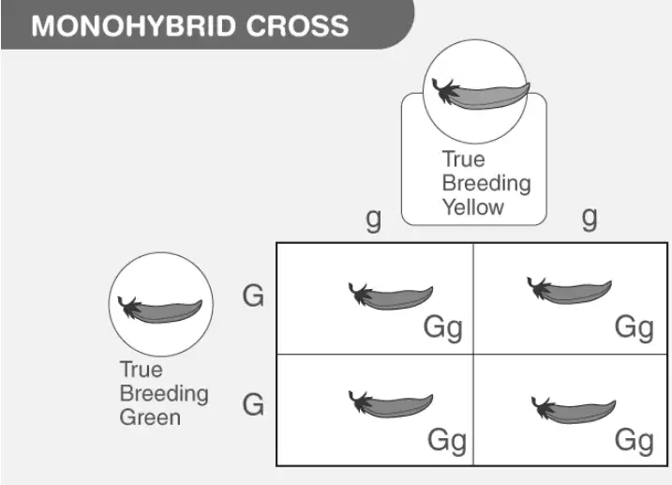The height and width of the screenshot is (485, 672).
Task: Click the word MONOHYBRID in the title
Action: [x=133, y=25]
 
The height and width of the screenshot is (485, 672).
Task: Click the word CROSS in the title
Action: [x=297, y=25]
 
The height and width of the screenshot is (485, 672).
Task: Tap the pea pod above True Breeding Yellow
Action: [x=481, y=94]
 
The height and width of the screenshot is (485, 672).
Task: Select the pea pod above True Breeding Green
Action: [x=160, y=309]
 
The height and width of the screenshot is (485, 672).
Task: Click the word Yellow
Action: [x=472, y=207]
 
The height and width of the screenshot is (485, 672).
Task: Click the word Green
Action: [x=150, y=417]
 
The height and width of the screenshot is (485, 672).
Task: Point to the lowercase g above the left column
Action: [x=373, y=220]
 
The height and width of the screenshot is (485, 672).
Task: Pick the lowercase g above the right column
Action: [x=590, y=219]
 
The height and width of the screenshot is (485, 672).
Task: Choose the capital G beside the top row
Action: [x=253, y=296]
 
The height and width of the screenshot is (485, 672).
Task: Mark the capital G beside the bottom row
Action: [x=253, y=404]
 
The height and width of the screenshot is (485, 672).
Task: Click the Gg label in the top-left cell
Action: [x=443, y=329]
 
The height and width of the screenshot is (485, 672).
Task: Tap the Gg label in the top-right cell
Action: [x=635, y=329]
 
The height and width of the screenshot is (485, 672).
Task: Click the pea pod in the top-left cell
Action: [x=391, y=296]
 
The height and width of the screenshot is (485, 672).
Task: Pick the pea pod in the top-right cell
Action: [x=569, y=291]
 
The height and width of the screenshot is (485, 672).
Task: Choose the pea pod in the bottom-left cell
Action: [x=391, y=404]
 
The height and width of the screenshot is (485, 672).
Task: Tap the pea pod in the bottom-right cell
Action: [x=574, y=410]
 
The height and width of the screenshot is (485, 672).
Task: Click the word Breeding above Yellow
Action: [x=486, y=184]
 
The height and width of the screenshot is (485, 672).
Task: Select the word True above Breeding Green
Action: [x=142, y=370]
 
